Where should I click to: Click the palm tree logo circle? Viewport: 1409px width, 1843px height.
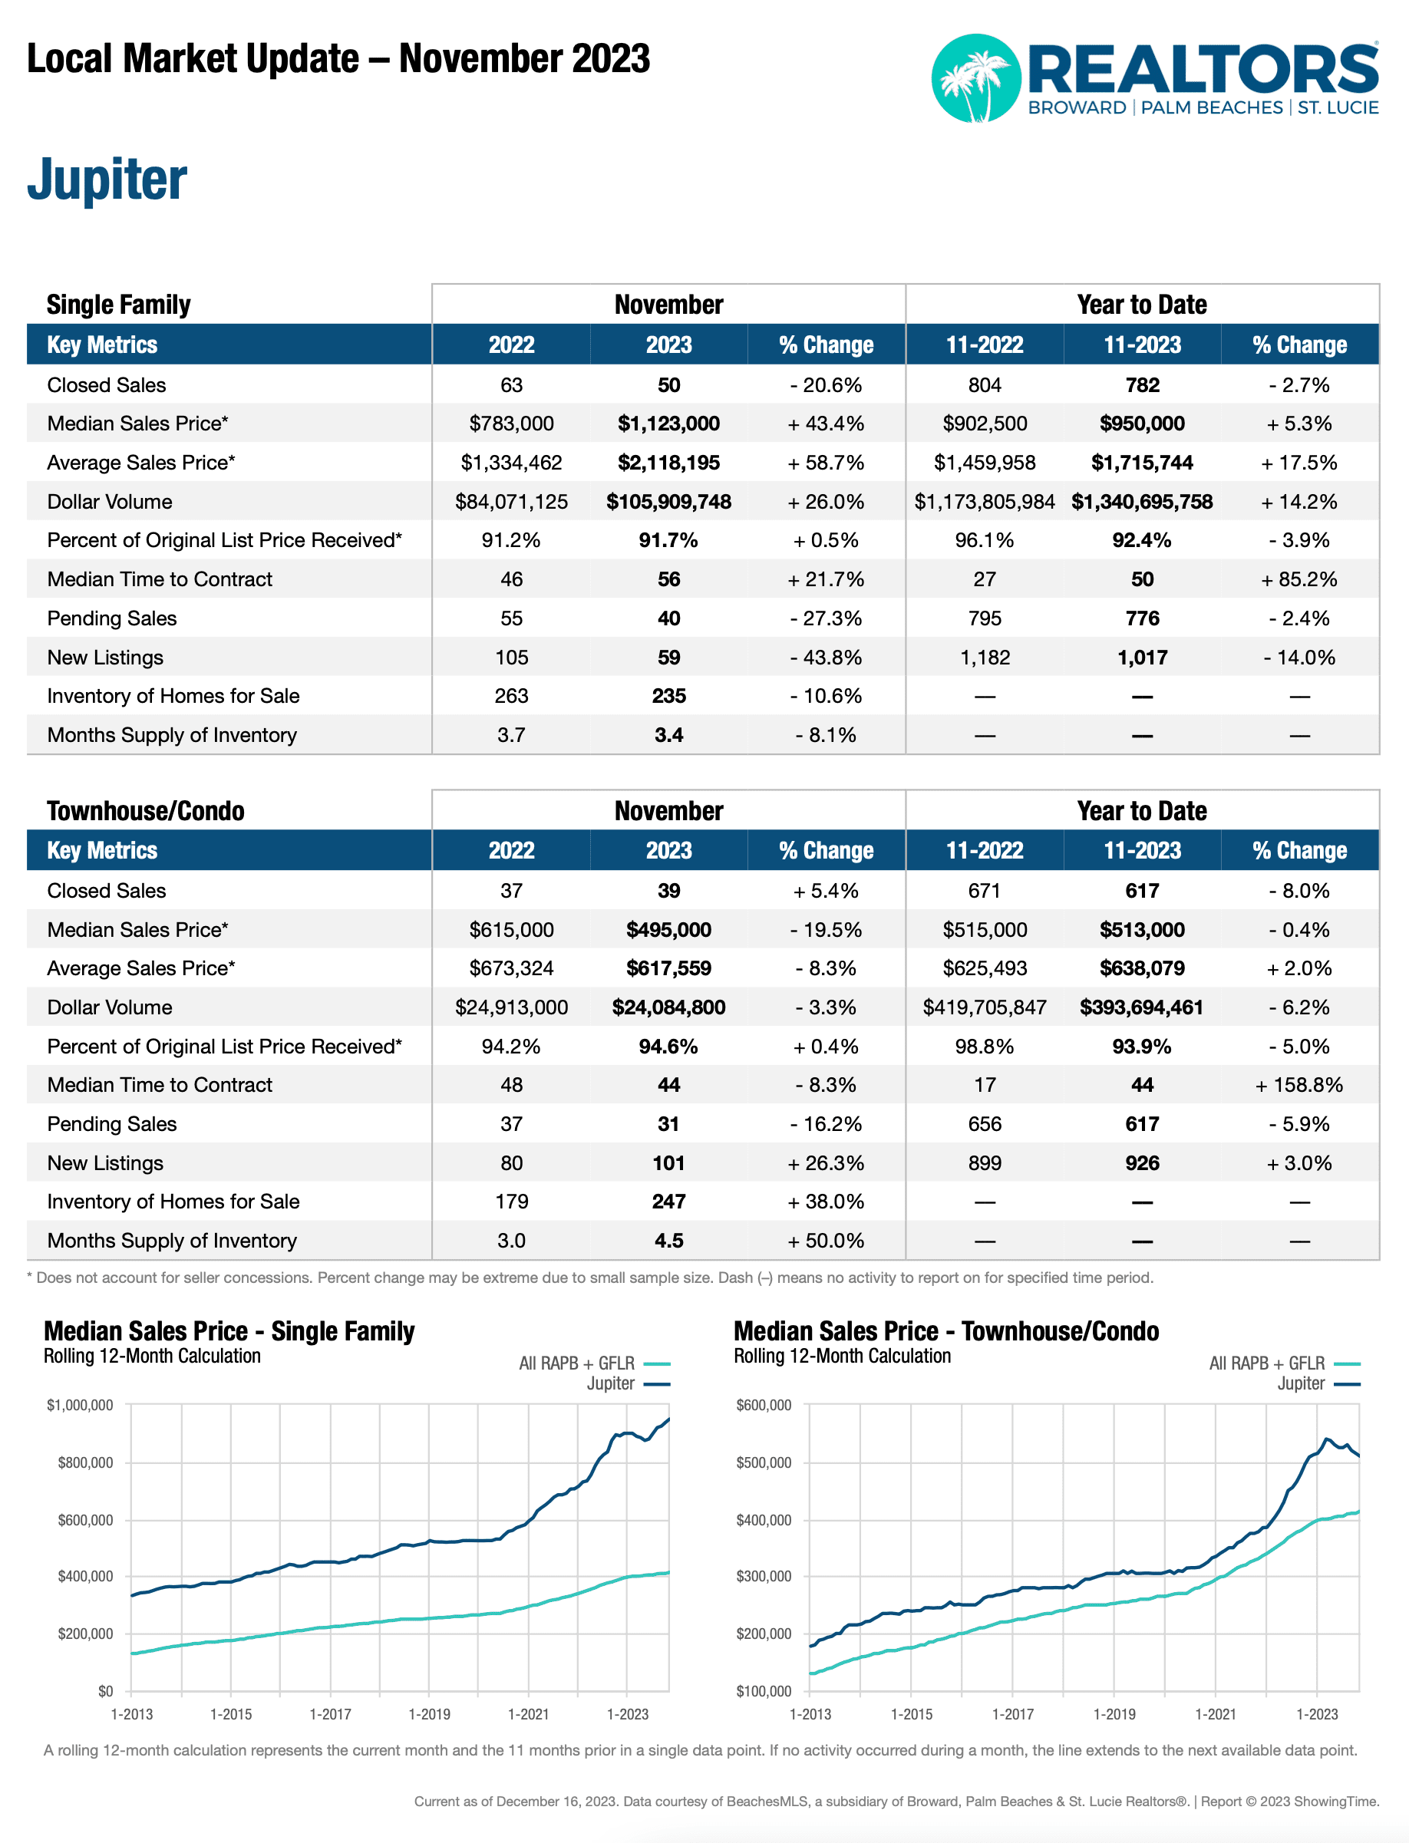[975, 78]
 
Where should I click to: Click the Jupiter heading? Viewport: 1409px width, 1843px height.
[107, 180]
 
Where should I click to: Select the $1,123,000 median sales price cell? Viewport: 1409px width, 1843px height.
[668, 424]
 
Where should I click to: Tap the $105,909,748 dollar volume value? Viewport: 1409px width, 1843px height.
[668, 502]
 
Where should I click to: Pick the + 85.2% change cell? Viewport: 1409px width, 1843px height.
[1298, 579]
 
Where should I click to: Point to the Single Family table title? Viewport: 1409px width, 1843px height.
[118, 305]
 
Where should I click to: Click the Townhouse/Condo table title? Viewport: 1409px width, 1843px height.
[145, 811]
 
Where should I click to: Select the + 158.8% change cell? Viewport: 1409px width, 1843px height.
[1298, 1085]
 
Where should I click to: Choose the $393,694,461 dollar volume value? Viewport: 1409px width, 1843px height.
[1141, 1007]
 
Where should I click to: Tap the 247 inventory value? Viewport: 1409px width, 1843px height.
[668, 1202]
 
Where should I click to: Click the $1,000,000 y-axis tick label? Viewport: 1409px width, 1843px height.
[80, 1406]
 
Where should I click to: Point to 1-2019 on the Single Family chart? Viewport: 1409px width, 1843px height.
[430, 1715]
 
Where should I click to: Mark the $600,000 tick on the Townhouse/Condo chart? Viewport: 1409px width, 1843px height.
[763, 1406]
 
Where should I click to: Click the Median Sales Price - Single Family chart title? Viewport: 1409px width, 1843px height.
[229, 1331]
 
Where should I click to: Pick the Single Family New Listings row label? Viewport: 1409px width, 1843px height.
[105, 658]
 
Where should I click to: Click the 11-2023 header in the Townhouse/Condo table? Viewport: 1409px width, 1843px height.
[1141, 850]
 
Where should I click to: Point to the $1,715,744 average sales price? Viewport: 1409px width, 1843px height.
[1141, 463]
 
